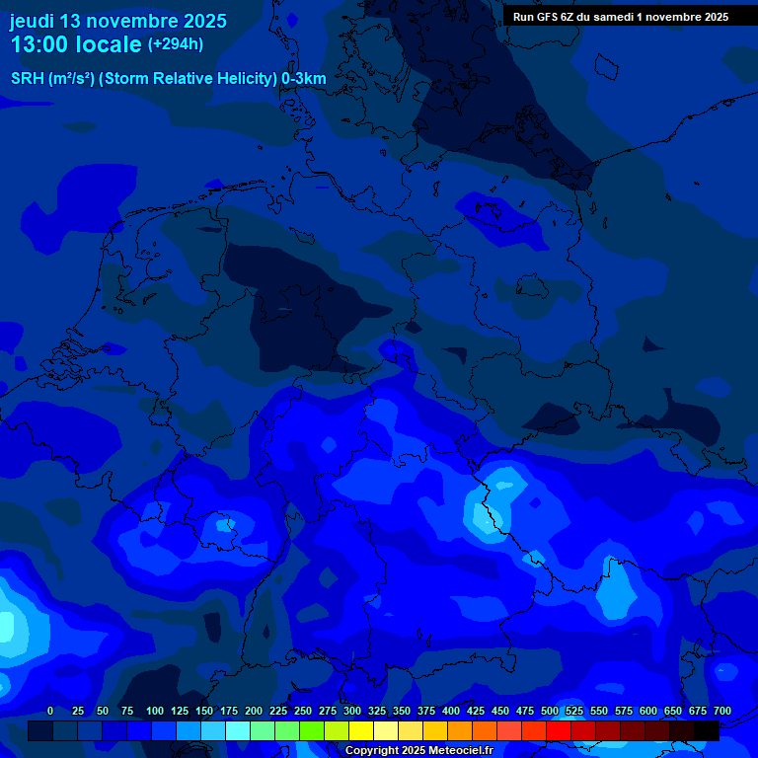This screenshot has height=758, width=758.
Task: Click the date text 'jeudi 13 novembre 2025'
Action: pyautogui.click(x=118, y=21)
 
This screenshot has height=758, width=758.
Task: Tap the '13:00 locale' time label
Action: pyautogui.click(x=76, y=45)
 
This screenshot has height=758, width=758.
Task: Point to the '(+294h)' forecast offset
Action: pyautogui.click(x=176, y=44)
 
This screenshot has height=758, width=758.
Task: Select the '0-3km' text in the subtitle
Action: pyautogui.click(x=304, y=79)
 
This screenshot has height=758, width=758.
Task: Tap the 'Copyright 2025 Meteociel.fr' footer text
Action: pyautogui.click(x=418, y=751)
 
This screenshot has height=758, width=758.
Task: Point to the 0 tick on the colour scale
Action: pyautogui.click(x=50, y=711)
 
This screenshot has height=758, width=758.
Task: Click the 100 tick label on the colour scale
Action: pyautogui.click(x=155, y=711)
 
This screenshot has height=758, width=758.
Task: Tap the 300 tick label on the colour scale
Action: pyautogui.click(x=352, y=711)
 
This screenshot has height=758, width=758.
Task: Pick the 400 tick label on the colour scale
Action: pyautogui.click(x=451, y=711)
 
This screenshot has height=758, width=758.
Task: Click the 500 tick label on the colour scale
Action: pyautogui.click(x=550, y=711)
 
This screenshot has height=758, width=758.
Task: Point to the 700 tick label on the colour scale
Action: pyautogui.click(x=722, y=711)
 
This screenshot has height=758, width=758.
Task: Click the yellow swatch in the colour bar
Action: pyautogui.click(x=361, y=730)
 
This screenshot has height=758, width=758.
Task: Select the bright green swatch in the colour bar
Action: pyautogui.click(x=312, y=730)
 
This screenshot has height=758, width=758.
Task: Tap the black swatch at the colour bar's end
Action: pyautogui.click(x=707, y=730)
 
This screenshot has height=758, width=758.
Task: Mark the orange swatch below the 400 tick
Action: pyautogui.click(x=460, y=730)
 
